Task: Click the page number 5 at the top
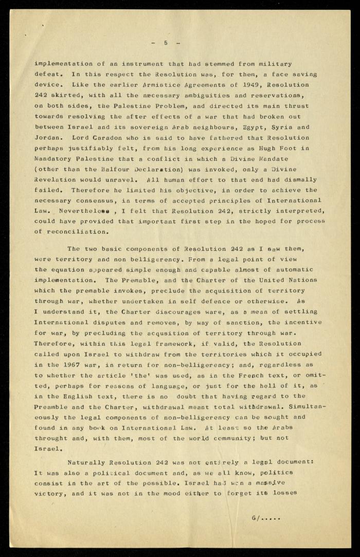(x=165, y=43)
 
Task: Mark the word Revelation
(x=53, y=180)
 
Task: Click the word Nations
(x=304, y=280)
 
